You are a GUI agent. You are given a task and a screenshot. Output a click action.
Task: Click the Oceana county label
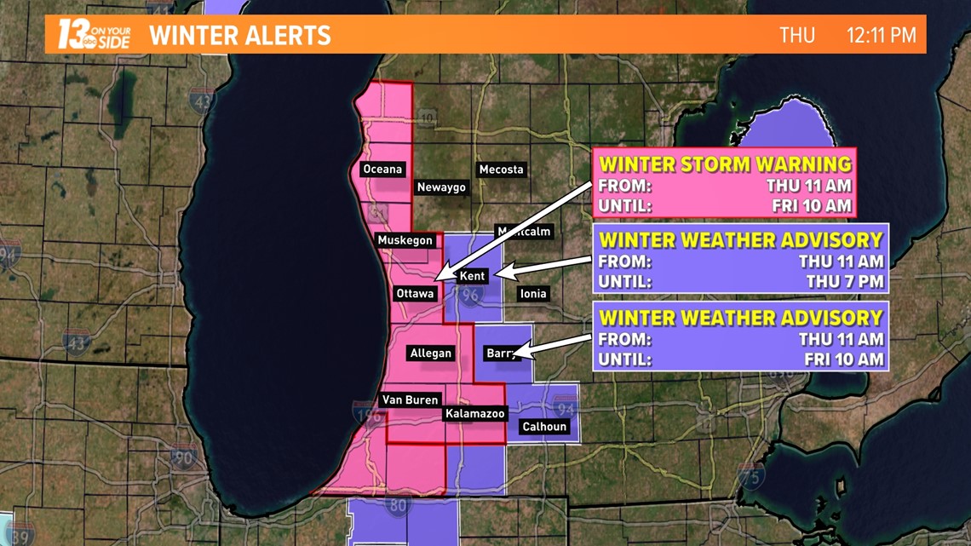click(x=382, y=170)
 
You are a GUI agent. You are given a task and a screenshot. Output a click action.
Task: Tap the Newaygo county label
click(x=441, y=187)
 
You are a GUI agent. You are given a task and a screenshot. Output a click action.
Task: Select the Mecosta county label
click(x=501, y=170)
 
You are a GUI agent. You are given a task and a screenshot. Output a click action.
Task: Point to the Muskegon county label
click(x=405, y=241)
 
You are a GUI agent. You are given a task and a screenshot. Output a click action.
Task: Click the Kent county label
click(x=472, y=276)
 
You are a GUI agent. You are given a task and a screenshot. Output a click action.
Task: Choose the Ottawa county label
click(x=415, y=294)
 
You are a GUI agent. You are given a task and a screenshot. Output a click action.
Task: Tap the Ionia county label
click(x=533, y=294)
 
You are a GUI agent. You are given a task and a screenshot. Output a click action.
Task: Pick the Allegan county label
click(x=431, y=353)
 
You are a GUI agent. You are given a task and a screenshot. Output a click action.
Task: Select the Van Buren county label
click(x=410, y=400)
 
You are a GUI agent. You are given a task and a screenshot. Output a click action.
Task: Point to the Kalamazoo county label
click(x=475, y=414)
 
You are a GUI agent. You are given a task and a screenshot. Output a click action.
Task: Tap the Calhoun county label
click(x=544, y=427)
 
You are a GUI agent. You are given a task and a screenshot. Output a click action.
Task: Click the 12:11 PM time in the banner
click(x=881, y=35)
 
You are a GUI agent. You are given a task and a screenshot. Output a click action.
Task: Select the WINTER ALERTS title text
click(x=240, y=36)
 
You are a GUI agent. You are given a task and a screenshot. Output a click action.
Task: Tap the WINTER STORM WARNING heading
click(x=725, y=164)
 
